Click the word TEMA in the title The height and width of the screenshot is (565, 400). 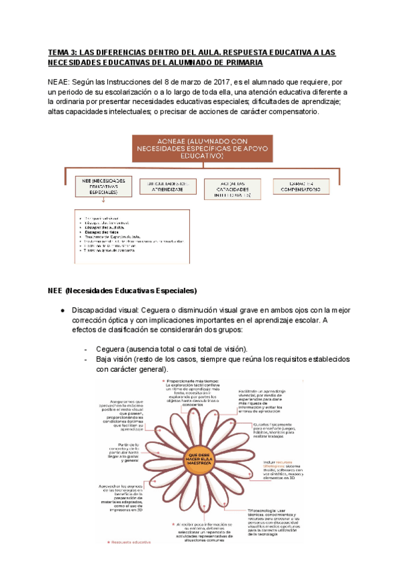(58, 51)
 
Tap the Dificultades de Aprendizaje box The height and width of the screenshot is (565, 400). (167, 186)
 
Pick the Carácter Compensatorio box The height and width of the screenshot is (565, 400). (301, 186)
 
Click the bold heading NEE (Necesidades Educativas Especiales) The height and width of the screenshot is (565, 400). (122, 291)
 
